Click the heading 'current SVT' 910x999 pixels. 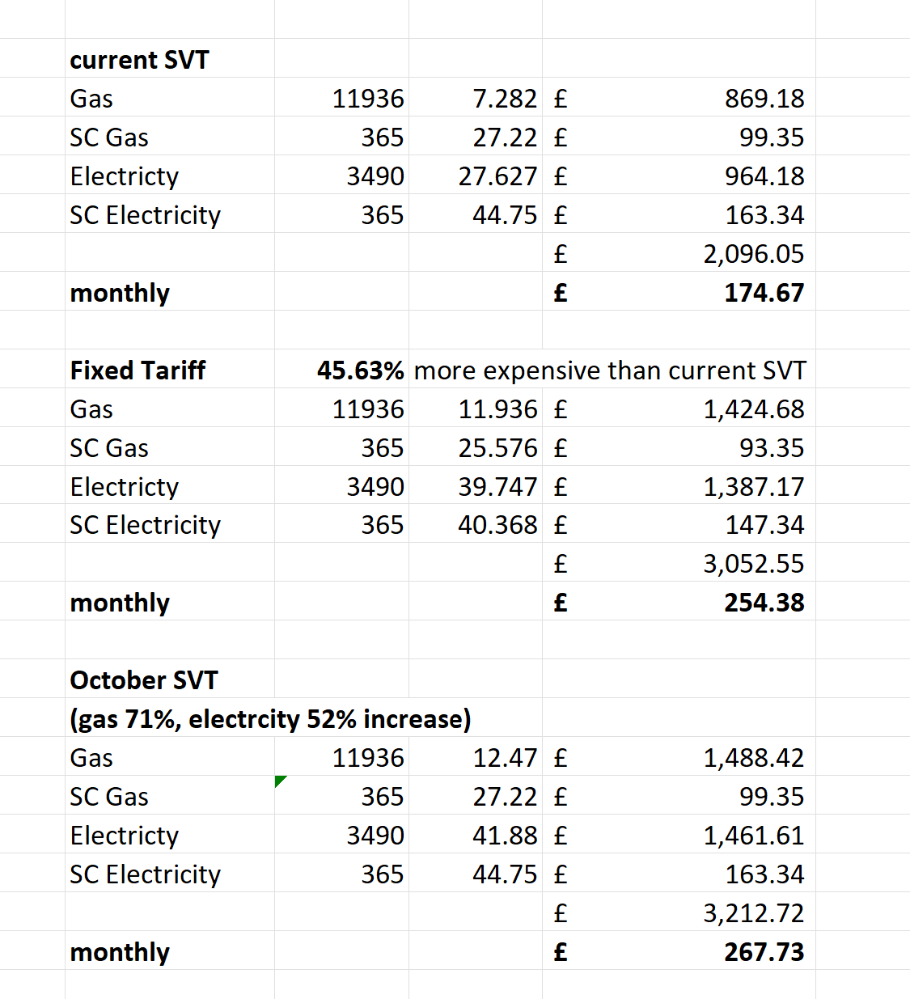coord(139,60)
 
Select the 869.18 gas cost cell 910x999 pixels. coord(764,99)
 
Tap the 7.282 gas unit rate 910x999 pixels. coord(504,99)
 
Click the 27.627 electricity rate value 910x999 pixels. coord(497,176)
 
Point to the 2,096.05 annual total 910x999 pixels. coord(753,254)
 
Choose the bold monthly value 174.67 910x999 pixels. coord(764,293)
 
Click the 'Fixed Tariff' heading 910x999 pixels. coord(138,370)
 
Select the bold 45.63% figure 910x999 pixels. coord(360,370)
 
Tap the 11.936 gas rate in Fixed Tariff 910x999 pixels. coord(497,409)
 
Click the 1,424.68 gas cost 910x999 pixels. coord(753,409)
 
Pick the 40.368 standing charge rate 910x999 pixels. coord(497,525)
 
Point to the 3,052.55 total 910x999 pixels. coord(753,564)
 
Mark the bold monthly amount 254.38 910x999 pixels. coord(764,603)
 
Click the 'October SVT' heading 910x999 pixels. coord(144,680)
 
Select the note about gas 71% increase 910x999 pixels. coord(270,719)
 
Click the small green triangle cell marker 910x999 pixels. coord(279,780)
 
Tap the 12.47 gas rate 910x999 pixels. coord(504,758)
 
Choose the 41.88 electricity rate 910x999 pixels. coord(504,836)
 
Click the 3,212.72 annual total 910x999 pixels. coord(753,913)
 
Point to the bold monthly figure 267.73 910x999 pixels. coord(764,952)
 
